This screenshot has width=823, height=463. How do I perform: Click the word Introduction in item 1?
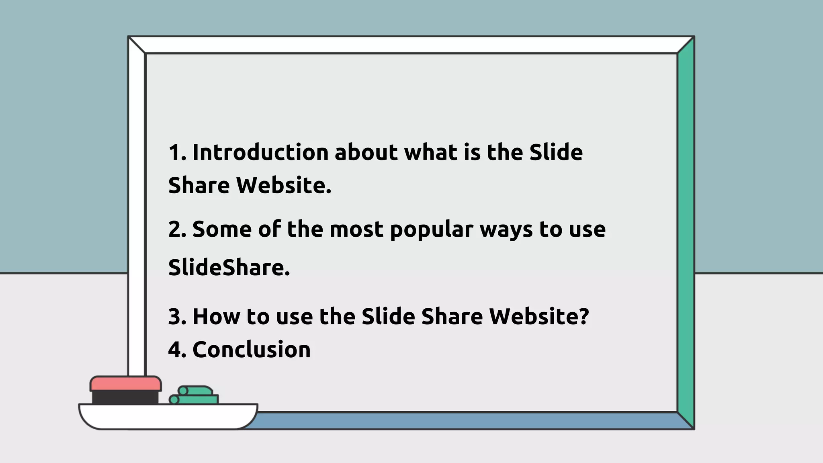tap(260, 153)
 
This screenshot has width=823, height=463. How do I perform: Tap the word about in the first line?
tap(366, 153)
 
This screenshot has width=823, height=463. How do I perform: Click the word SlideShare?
tap(229, 268)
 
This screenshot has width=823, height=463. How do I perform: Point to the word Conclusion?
tap(252, 349)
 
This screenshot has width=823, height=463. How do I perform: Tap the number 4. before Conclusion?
tap(177, 349)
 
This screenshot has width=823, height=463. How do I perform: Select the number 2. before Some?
tap(177, 229)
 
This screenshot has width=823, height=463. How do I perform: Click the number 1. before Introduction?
tap(177, 153)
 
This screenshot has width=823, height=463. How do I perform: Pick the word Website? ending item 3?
tap(539, 316)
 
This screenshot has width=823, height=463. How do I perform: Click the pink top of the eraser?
tap(126, 383)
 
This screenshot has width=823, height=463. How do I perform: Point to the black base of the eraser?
tap(125, 397)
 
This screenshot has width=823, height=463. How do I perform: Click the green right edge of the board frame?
tap(686, 233)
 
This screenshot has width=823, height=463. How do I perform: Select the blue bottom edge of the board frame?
tap(462, 420)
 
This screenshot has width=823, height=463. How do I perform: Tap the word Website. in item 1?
tap(283, 186)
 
